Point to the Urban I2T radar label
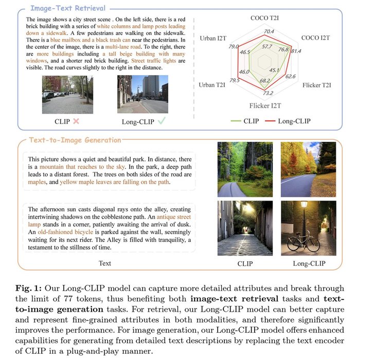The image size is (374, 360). (212, 39)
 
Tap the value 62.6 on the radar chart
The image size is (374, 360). (291, 77)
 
